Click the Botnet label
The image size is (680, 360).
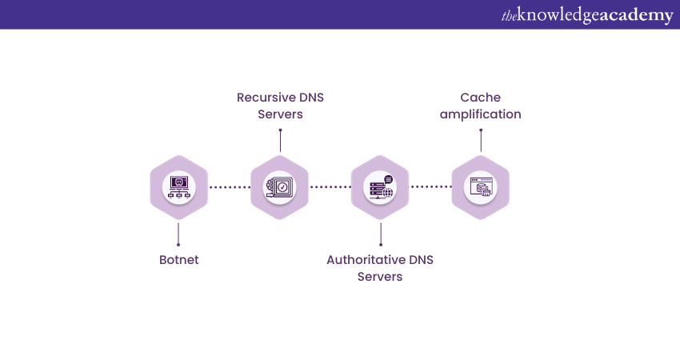pos(178,260)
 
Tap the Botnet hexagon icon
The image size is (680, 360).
pos(178,187)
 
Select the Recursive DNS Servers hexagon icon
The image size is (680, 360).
pos(279,187)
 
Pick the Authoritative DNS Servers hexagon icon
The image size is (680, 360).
pos(380,187)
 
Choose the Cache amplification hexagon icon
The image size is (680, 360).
pos(480,187)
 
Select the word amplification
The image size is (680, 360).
pos(480,114)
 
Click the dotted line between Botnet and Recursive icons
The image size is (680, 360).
pos(229,187)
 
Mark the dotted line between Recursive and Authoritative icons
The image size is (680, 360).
pos(330,187)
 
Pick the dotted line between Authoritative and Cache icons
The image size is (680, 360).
pos(430,187)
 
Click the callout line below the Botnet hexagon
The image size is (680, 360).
pos(178,233)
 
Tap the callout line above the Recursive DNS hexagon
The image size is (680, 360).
pos(280,140)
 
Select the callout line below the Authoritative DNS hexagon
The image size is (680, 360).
pos(380,233)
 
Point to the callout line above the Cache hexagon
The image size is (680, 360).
pos(481,140)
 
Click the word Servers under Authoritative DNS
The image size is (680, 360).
pos(380,277)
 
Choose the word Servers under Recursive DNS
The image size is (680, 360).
pos(280,114)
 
